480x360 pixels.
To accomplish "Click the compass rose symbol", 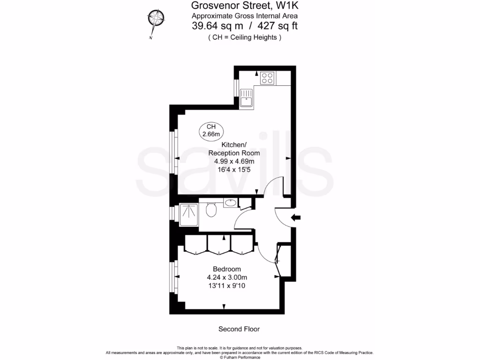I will [x=156, y=19].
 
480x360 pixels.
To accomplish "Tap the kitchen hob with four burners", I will [x=267, y=78].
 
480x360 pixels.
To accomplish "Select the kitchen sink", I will [x=246, y=99].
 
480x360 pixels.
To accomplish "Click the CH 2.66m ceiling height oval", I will [x=211, y=130].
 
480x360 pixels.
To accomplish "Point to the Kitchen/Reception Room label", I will [x=234, y=149].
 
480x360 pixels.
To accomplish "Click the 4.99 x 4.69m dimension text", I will [x=234, y=161].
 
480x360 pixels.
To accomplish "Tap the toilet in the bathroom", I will [x=211, y=210].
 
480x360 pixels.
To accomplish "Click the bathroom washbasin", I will [x=230, y=203].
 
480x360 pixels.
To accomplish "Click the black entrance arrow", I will [x=296, y=217].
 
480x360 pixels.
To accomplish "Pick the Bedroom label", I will [x=227, y=269].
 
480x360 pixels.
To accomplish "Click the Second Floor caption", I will [x=239, y=329].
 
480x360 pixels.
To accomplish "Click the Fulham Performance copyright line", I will [x=240, y=357].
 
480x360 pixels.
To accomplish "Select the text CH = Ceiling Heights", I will [x=245, y=37].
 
